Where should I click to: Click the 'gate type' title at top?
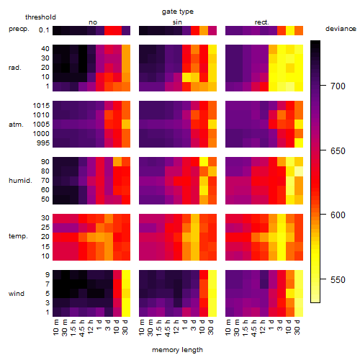[178, 12]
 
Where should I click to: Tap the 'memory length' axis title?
[177, 350]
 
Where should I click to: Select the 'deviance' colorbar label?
[341, 29]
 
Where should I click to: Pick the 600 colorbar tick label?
[338, 215]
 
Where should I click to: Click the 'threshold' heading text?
[40, 17]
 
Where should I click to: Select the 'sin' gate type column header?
[177, 22]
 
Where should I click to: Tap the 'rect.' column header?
[261, 22]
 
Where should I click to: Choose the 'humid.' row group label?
[20, 181]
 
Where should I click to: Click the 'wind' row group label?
[17, 294]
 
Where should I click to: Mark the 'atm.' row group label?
[16, 125]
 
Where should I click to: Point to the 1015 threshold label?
[41, 106]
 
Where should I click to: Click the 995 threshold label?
[43, 143]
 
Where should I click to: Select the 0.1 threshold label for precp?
[44, 30]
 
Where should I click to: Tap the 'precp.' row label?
[19, 29]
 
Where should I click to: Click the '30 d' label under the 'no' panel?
[125, 327]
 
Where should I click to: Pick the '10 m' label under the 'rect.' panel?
[228, 328]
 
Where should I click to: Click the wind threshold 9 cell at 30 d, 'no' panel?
[126, 274]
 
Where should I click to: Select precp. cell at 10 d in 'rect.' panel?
[290, 30]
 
